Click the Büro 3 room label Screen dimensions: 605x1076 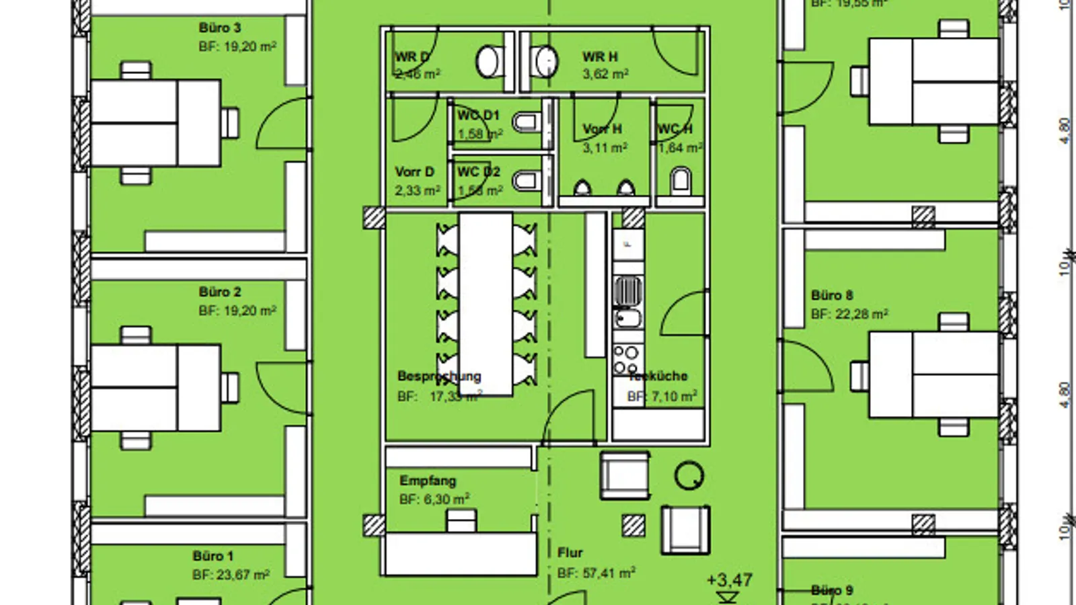(x=220, y=28)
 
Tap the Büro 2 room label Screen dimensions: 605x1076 (x=220, y=292)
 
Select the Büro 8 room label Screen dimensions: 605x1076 (x=832, y=295)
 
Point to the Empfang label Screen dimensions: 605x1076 (x=428, y=481)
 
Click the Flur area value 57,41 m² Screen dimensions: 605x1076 (x=597, y=573)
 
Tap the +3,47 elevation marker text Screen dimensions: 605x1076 (x=730, y=580)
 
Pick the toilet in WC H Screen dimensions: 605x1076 (x=681, y=180)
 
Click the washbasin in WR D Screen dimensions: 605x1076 (x=489, y=62)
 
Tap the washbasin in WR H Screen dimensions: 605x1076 (x=545, y=62)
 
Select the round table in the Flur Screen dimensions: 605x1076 (x=689, y=476)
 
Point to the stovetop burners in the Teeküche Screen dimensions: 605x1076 (x=627, y=360)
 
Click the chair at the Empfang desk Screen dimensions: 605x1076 (x=461, y=520)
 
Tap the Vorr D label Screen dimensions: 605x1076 (x=415, y=172)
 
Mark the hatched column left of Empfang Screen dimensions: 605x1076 (x=374, y=525)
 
